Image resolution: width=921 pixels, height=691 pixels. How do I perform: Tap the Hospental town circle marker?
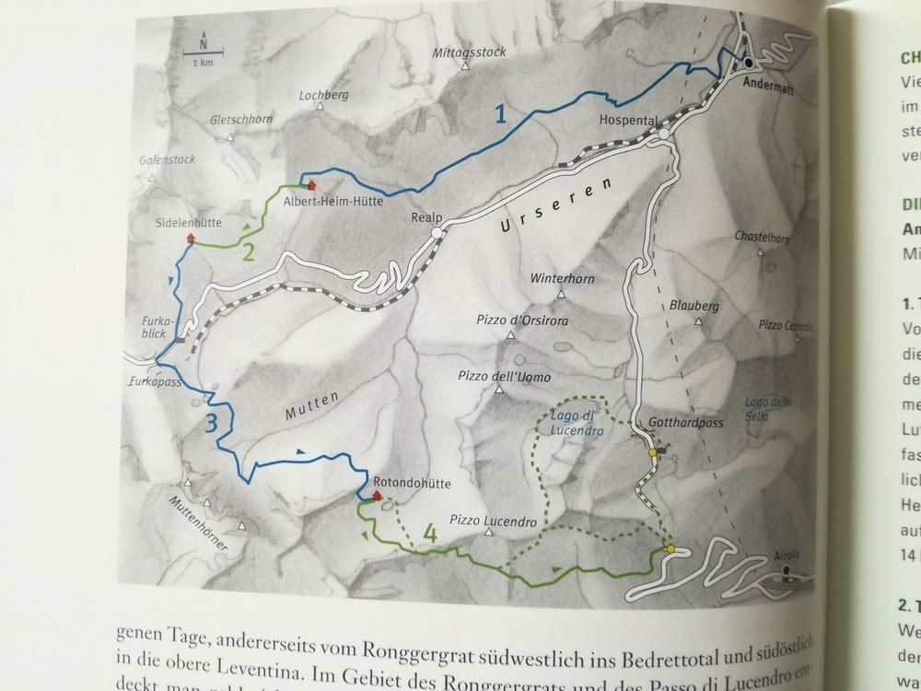pyautogui.click(x=663, y=135)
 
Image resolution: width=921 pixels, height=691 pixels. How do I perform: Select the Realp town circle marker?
pyautogui.click(x=437, y=234)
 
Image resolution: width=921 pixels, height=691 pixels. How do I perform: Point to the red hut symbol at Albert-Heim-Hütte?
pyautogui.click(x=311, y=185)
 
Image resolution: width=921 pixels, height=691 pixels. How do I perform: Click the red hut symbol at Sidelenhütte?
pyautogui.click(x=191, y=239)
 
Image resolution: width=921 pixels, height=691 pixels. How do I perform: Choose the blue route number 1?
pyautogui.click(x=500, y=115)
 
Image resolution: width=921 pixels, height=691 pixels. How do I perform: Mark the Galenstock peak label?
pyautogui.click(x=167, y=159)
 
